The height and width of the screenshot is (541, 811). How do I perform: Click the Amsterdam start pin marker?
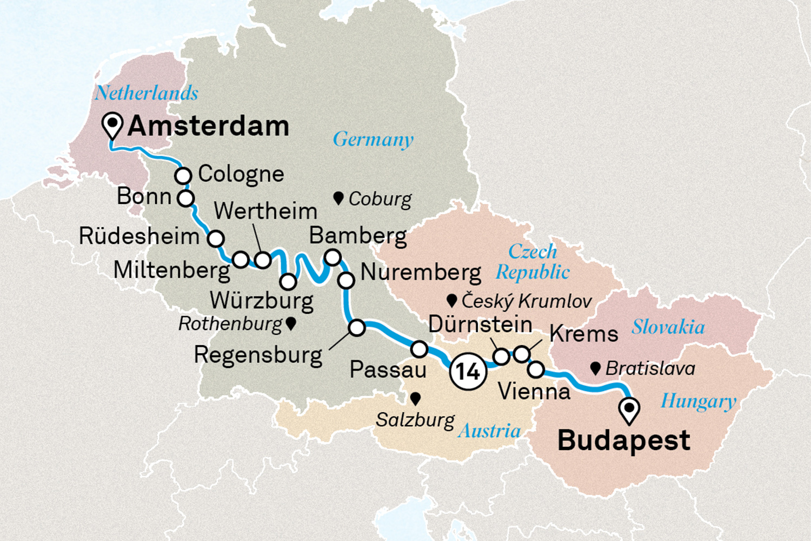click(x=112, y=126)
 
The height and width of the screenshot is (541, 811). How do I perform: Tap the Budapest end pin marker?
click(x=629, y=410)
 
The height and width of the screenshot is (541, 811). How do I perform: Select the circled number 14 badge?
click(x=468, y=372)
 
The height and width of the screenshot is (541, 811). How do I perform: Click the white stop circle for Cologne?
click(x=183, y=176)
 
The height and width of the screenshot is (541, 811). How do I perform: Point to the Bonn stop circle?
click(x=185, y=198)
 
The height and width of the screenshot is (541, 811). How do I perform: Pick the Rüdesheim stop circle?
click(x=216, y=238)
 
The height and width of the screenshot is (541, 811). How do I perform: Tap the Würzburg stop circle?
click(x=288, y=281)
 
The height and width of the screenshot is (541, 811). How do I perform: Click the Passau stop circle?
click(x=419, y=349)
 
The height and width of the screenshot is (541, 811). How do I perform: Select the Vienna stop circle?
click(x=536, y=370)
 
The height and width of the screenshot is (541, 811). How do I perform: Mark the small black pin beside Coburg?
click(x=338, y=198)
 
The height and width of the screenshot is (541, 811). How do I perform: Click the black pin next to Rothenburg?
click(x=291, y=324)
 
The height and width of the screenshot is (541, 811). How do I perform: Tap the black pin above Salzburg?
click(x=415, y=399)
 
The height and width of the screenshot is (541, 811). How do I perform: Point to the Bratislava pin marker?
click(x=595, y=368)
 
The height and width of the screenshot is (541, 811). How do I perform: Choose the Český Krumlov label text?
click(x=526, y=301)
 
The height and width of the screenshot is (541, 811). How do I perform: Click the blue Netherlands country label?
click(x=147, y=93)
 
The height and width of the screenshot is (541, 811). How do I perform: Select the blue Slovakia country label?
click(x=668, y=327)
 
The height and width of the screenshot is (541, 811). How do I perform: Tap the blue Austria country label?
click(x=489, y=431)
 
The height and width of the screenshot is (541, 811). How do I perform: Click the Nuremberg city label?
click(x=421, y=272)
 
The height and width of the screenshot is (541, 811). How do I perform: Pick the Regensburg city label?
click(x=258, y=355)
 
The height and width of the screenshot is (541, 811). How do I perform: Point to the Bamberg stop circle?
click(x=333, y=256)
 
